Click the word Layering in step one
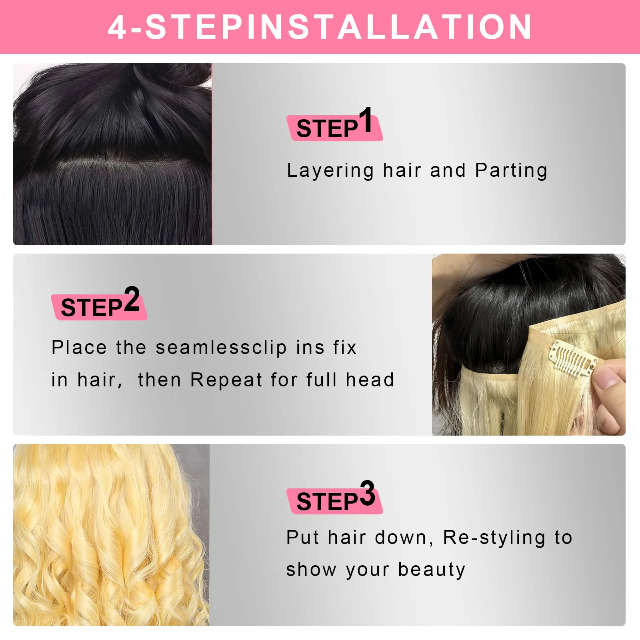click(330, 171)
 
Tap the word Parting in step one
click(511, 170)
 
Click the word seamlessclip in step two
click(221, 347)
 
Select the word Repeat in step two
click(226, 380)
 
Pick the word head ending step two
click(370, 380)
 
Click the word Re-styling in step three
click(494, 538)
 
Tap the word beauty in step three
click(432, 570)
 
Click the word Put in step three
click(302, 537)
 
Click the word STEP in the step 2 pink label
click(91, 308)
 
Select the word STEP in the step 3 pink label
click(327, 502)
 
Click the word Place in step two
click(79, 347)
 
